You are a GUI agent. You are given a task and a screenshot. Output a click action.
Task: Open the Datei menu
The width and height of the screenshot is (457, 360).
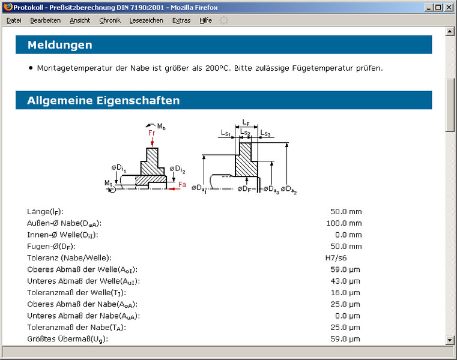pyautogui.click(x=14, y=20)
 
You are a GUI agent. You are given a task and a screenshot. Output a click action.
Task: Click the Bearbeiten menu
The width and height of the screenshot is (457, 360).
pyautogui.click(x=46, y=20)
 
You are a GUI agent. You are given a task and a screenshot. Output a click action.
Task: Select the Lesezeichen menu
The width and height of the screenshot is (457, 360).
pyautogui.click(x=147, y=20)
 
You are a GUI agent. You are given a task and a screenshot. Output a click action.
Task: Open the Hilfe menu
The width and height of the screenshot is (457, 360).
pyautogui.click(x=206, y=20)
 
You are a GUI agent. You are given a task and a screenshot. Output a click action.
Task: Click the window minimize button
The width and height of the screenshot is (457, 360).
pyautogui.click(x=428, y=7)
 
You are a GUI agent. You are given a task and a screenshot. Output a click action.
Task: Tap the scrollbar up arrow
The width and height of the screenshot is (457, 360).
pyautogui.click(x=450, y=31)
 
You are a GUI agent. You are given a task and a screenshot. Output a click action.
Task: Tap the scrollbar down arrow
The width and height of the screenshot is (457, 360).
pyautogui.click(x=450, y=340)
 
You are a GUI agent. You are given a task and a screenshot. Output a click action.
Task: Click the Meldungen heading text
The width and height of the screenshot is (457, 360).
pyautogui.click(x=60, y=45)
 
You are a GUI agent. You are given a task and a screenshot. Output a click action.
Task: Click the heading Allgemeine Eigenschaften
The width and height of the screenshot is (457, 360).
pyautogui.click(x=103, y=100)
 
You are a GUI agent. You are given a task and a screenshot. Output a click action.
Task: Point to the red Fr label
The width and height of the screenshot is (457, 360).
pyautogui.click(x=151, y=133)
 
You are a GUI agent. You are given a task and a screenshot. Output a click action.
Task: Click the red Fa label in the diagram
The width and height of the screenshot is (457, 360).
pyautogui.click(x=182, y=184)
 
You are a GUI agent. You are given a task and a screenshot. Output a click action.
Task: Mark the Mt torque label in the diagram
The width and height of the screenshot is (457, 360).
pyautogui.click(x=108, y=183)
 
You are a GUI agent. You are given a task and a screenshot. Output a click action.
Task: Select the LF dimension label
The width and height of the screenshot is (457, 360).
pyautogui.click(x=246, y=122)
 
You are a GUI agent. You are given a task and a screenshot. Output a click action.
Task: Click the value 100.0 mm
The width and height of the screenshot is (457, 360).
pyautogui.click(x=344, y=223)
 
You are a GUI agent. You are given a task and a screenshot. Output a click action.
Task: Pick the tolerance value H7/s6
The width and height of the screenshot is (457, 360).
pyautogui.click(x=336, y=258)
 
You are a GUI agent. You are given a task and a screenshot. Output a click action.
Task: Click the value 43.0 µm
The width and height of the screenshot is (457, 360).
pyautogui.click(x=345, y=281)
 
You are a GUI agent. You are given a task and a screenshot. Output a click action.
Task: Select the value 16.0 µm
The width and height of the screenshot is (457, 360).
pyautogui.click(x=345, y=293)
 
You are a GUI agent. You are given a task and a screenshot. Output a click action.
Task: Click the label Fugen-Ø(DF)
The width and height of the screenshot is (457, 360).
pyautogui.click(x=51, y=247)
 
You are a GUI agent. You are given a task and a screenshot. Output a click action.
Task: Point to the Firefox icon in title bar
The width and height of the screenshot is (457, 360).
pyautogui.click(x=8, y=7)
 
